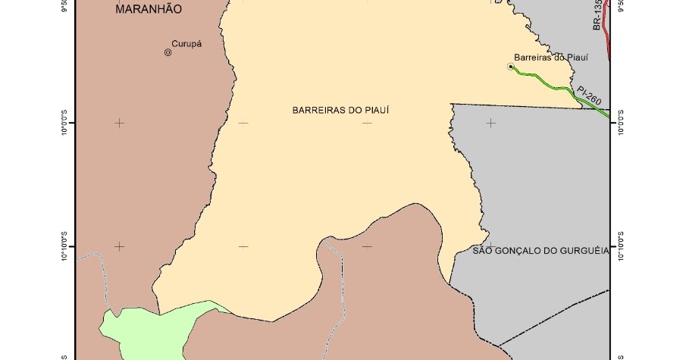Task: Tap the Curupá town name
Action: coord(186,43)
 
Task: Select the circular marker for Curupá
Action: coord(168,52)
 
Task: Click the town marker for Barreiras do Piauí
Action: coord(511,67)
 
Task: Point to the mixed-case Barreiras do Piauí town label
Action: coord(551,56)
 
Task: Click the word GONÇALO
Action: coord(522,250)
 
